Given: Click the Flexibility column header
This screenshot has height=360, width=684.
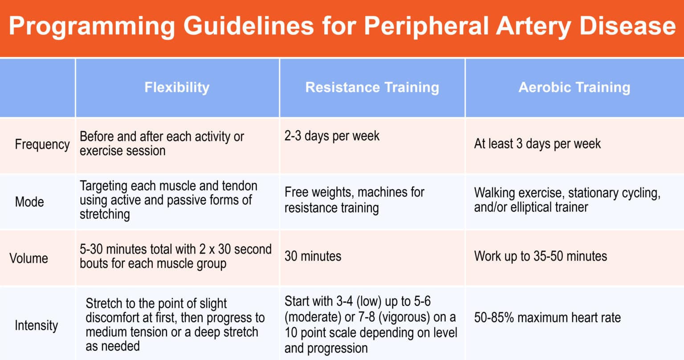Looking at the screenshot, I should click(x=177, y=87).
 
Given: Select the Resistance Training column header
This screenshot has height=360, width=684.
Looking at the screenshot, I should click(x=372, y=87).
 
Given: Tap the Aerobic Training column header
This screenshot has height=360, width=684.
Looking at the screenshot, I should click(x=574, y=87).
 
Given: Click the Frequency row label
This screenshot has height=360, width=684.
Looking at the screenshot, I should click(x=42, y=144).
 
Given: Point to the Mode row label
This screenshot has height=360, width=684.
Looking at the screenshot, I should click(x=29, y=202).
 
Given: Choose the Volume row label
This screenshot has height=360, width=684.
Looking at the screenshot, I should click(x=29, y=258).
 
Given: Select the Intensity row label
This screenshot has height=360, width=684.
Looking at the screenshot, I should click(x=36, y=325).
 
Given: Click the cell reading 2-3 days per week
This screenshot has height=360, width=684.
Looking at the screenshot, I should click(x=332, y=136).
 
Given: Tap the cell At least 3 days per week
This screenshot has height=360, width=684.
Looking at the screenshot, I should click(x=537, y=144).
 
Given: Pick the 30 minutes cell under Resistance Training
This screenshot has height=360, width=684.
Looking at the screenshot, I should click(x=313, y=256).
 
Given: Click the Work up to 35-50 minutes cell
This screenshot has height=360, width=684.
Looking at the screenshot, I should click(x=540, y=256).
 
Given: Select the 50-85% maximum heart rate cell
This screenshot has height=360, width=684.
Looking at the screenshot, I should click(x=547, y=318).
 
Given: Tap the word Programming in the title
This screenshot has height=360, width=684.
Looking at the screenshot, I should click(x=92, y=26).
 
